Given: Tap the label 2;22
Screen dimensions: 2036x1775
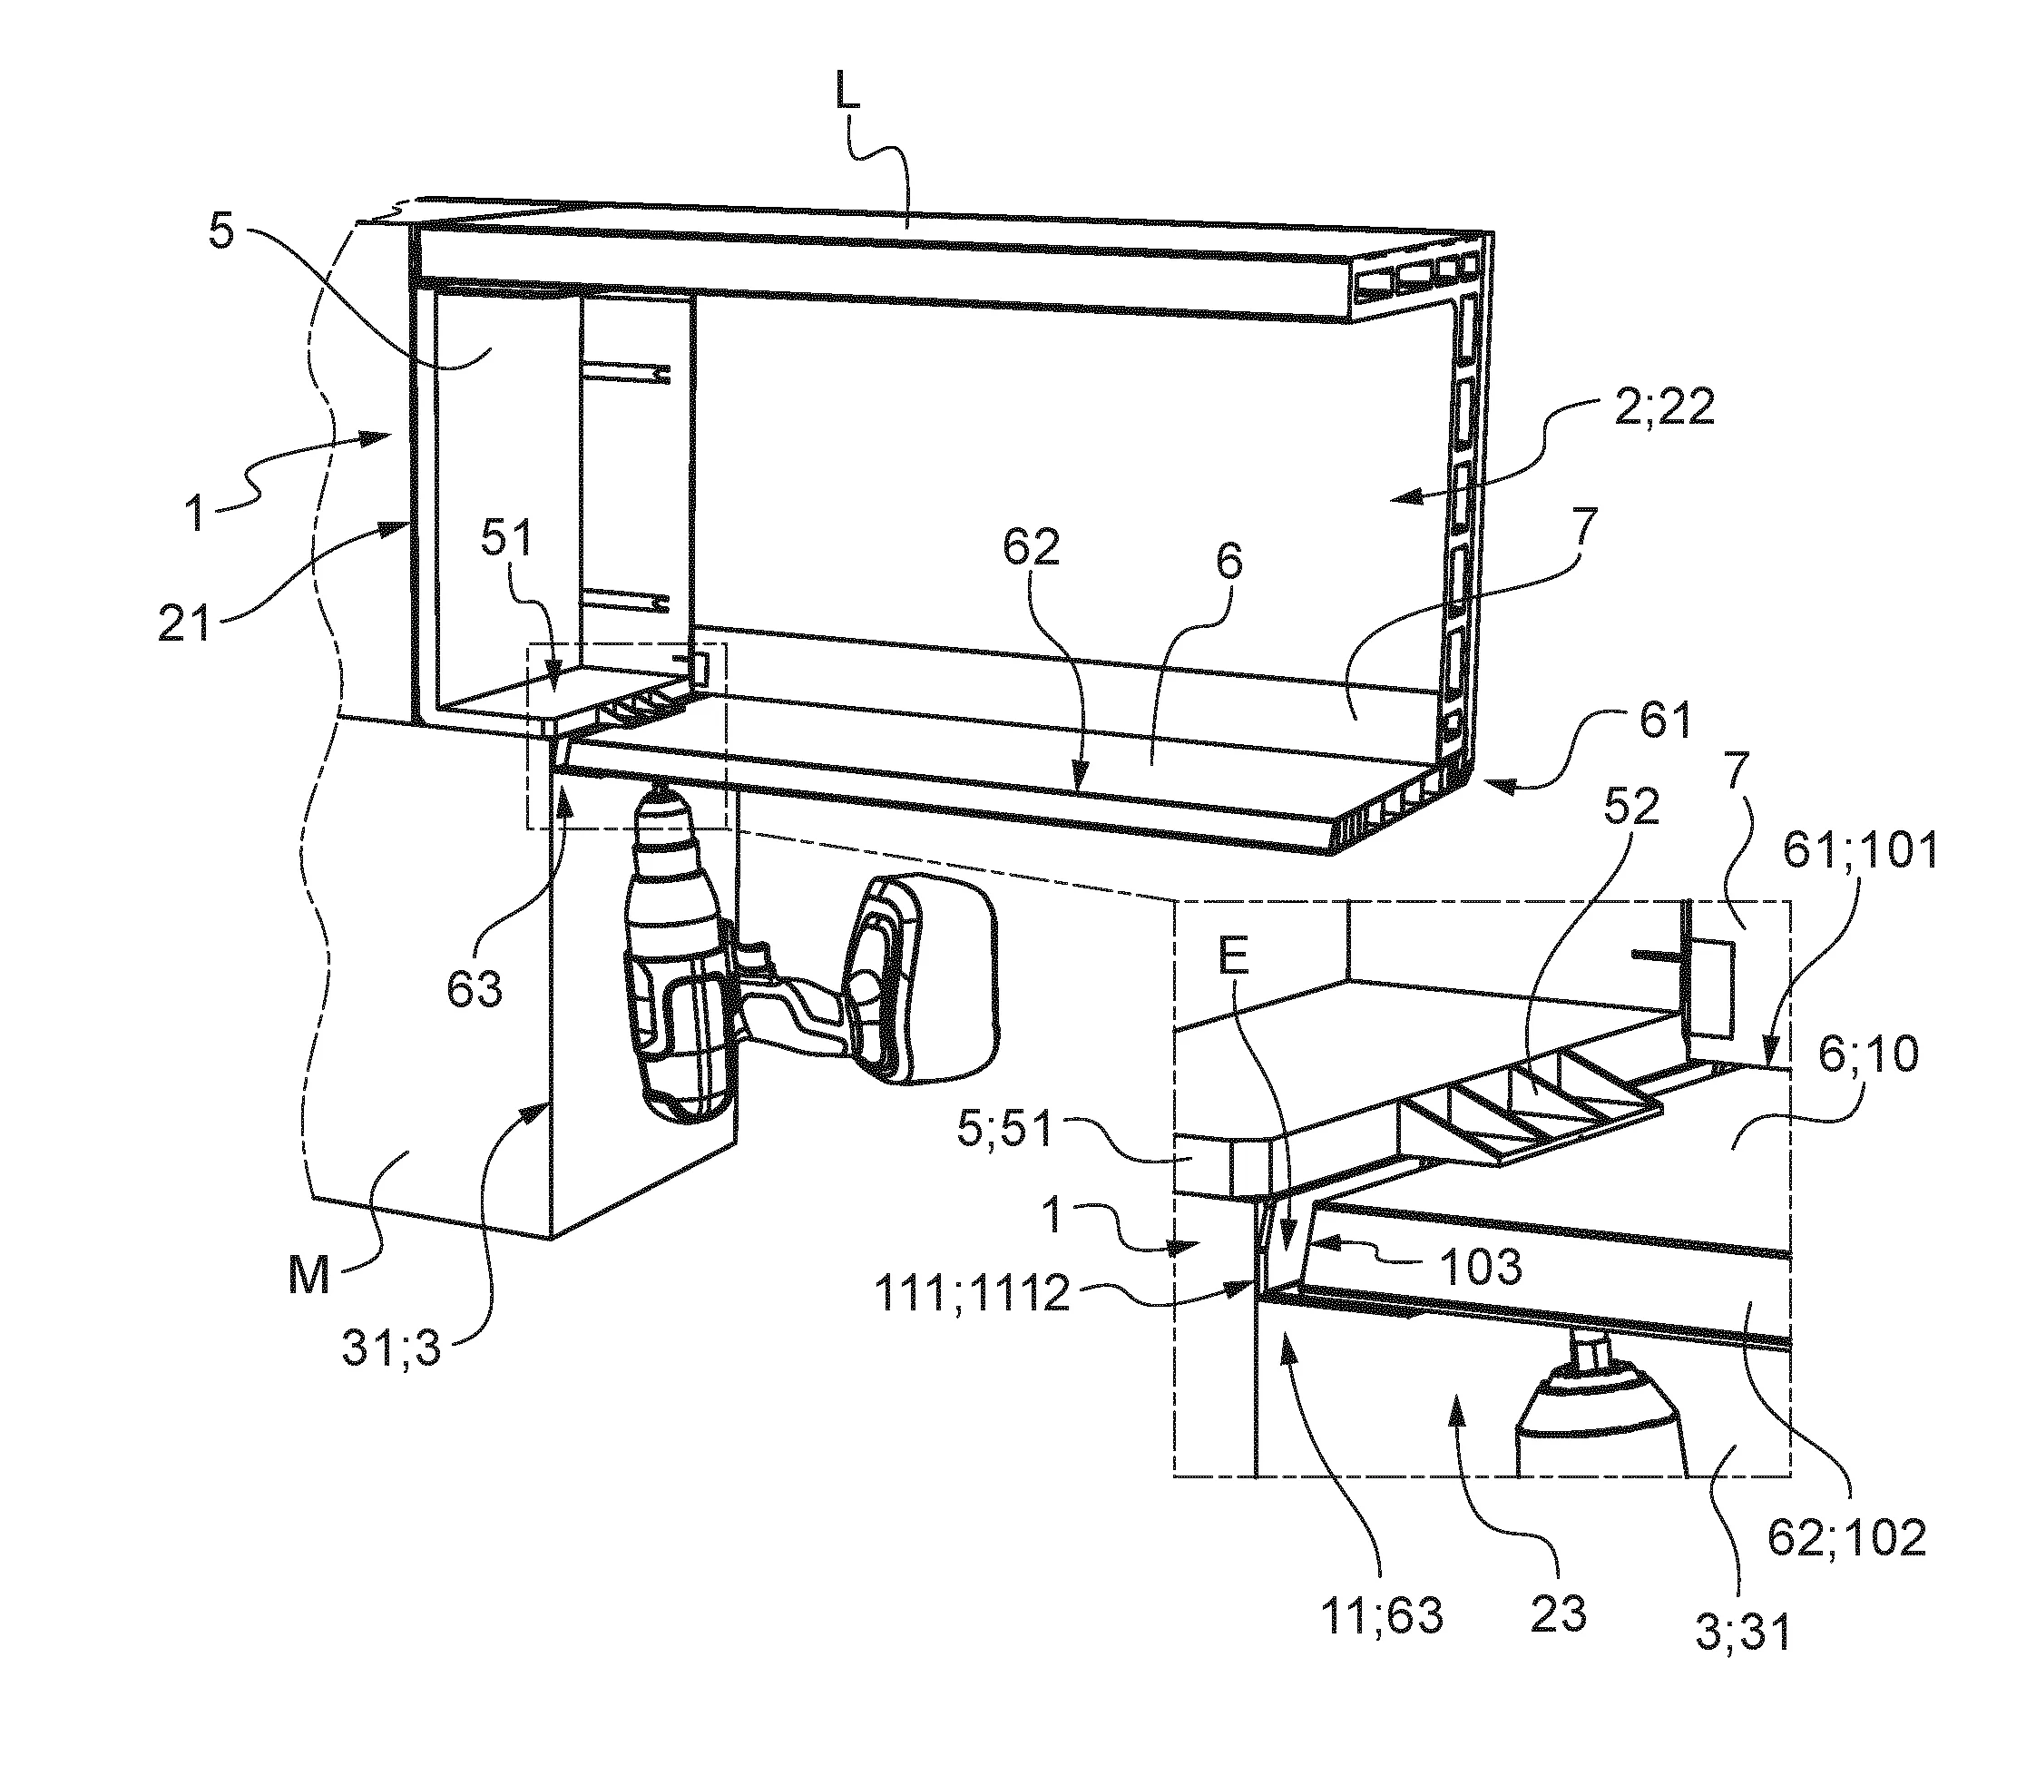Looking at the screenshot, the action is click(1664, 407).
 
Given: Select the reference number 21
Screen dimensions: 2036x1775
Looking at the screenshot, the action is click(185, 624).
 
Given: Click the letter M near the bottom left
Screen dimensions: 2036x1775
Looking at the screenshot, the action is click(309, 1277).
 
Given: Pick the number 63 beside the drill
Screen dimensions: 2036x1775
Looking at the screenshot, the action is click(475, 989).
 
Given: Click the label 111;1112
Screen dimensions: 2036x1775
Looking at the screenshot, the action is click(973, 1295).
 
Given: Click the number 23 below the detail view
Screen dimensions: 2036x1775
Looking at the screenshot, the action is click(1560, 1614).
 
